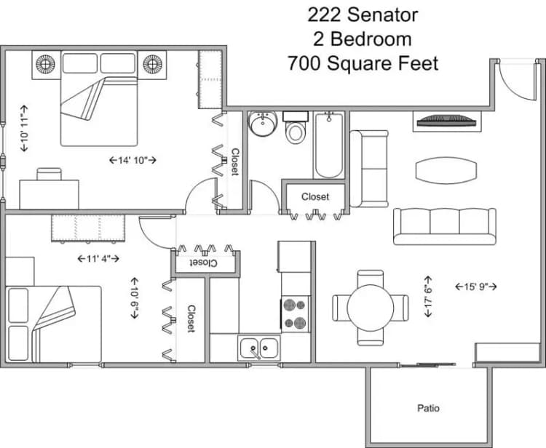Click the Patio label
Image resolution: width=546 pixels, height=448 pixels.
428,408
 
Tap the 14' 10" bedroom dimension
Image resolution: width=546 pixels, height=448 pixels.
132,159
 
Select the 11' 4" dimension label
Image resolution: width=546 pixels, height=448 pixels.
98,257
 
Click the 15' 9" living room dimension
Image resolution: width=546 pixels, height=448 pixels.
475,286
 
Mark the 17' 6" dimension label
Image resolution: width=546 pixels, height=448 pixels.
430,296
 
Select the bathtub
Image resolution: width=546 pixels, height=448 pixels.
329,145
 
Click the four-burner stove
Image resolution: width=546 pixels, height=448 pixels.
295,314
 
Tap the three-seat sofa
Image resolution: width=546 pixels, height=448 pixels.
443,225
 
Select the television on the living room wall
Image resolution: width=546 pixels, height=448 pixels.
446,119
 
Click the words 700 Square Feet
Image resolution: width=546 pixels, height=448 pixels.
363,63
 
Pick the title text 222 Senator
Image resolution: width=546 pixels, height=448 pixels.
363,14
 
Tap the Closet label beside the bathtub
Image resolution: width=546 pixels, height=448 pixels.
314,196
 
